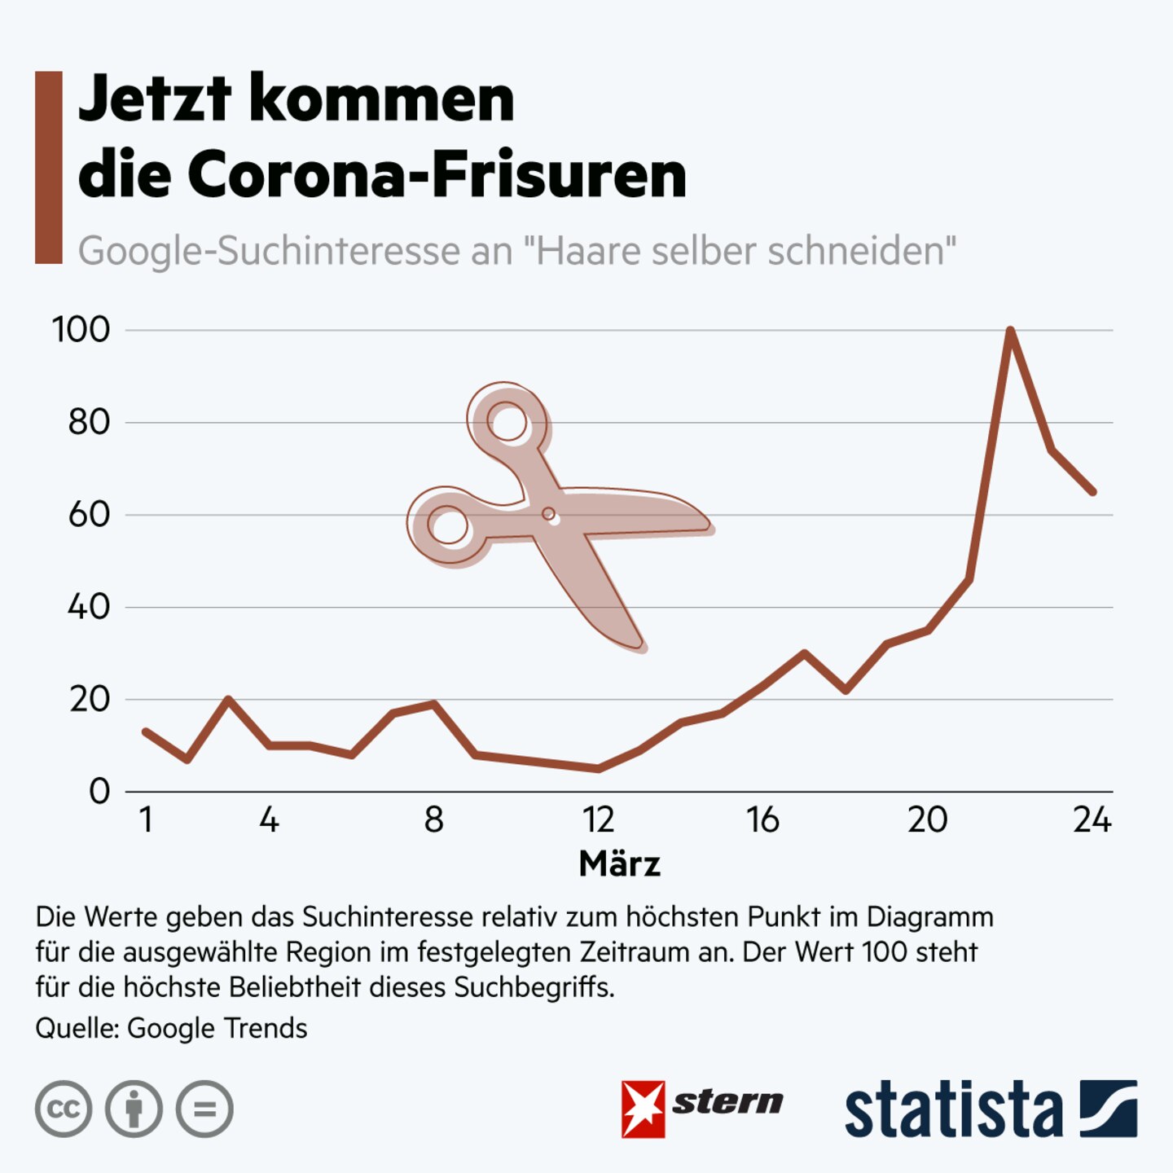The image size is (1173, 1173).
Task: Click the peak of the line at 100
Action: point(1010,331)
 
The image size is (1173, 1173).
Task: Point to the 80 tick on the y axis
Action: point(89,422)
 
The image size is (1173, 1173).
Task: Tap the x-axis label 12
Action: point(598,819)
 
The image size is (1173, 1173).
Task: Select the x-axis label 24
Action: point(1092,819)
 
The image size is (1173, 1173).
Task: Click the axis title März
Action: point(619,863)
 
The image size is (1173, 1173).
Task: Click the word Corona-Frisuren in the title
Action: point(437,174)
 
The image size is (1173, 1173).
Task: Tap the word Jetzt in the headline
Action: point(155,99)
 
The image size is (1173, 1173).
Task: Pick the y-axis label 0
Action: point(99,791)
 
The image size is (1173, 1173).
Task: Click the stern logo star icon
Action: point(643,1109)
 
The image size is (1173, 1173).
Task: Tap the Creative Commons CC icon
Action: point(64,1109)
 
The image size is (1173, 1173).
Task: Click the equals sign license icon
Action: point(204,1109)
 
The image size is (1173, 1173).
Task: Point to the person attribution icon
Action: point(134,1109)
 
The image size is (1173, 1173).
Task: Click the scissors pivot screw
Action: point(548,514)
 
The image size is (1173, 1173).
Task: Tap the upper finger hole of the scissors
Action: point(508,423)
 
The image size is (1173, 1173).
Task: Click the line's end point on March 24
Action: point(1092,491)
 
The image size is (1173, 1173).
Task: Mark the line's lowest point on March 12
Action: point(599,768)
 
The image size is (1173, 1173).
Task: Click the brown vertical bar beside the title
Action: point(49,167)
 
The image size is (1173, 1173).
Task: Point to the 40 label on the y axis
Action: point(89,607)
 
